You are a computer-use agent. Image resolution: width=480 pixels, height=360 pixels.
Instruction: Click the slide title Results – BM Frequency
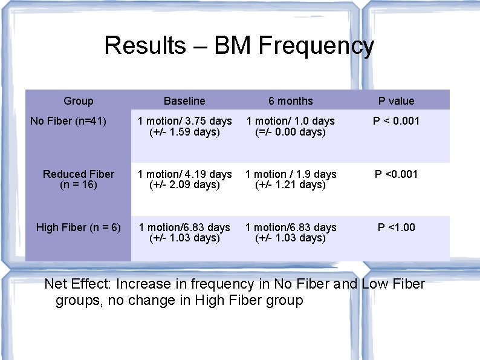point(239,46)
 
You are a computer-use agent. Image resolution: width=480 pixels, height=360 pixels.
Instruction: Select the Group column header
point(78,101)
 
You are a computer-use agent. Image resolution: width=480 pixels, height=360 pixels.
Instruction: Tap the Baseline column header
point(184,101)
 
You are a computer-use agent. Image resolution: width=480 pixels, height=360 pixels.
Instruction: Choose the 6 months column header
point(291,101)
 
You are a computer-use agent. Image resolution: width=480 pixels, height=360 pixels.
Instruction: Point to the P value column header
point(397,101)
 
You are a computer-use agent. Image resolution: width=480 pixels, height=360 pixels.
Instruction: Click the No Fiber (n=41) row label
point(68,121)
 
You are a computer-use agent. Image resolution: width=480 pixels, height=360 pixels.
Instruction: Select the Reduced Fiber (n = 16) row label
point(79,179)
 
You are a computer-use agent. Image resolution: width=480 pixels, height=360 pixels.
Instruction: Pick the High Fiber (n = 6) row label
point(79,227)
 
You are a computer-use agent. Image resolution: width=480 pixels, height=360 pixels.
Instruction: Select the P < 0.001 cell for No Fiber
point(397,121)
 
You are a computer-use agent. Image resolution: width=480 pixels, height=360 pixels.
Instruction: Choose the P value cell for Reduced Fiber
point(397,174)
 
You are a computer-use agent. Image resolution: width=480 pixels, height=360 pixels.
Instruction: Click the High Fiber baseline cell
point(184,232)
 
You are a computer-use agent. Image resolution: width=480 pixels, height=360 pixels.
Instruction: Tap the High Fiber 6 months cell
point(291,232)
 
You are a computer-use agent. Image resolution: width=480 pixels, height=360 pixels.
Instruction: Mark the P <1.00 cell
point(397,227)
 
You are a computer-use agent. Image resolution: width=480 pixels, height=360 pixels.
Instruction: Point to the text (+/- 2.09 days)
point(184,185)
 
